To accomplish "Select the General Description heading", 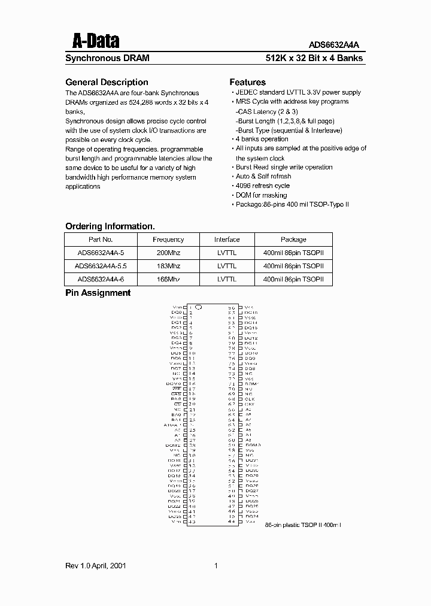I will (106, 82).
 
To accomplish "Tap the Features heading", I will (247, 82).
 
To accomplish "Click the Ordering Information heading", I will (110, 226).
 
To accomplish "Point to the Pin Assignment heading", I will (98, 293).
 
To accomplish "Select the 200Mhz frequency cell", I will (168, 253).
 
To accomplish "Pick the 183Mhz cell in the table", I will (168, 266).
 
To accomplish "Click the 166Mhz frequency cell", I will (168, 279).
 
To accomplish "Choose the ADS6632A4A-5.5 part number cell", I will (101, 266).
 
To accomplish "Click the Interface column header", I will (227, 240).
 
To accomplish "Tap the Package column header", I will (293, 240).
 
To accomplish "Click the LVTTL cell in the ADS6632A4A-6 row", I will (227, 279).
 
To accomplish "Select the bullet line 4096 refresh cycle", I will (262, 186).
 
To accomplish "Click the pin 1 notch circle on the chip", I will (199, 307).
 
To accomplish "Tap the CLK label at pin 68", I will (250, 398).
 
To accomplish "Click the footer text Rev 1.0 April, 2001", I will (95, 565).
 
